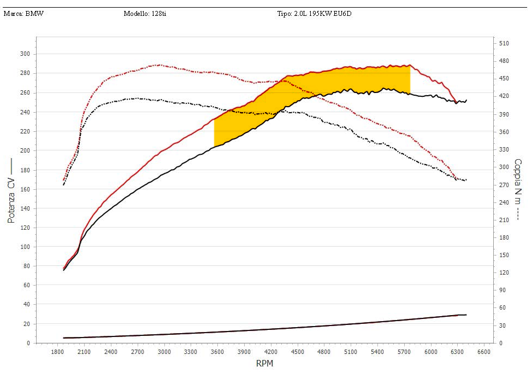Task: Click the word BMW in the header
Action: coord(34,14)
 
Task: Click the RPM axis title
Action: coord(264,363)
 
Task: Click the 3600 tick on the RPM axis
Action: coord(217,352)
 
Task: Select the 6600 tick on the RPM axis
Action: coord(484,352)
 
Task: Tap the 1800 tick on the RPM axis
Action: coord(57,352)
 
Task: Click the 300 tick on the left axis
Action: coord(24,54)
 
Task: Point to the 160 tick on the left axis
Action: coord(24,189)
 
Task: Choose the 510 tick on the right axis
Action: coord(504,43)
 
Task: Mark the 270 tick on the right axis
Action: coord(504,184)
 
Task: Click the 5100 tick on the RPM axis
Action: coord(351,352)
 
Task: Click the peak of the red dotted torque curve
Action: coord(158,65)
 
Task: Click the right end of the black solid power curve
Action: coord(466,100)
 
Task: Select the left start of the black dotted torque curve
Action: coord(63,184)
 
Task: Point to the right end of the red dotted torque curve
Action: coord(457,178)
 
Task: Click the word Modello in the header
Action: coord(135,14)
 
